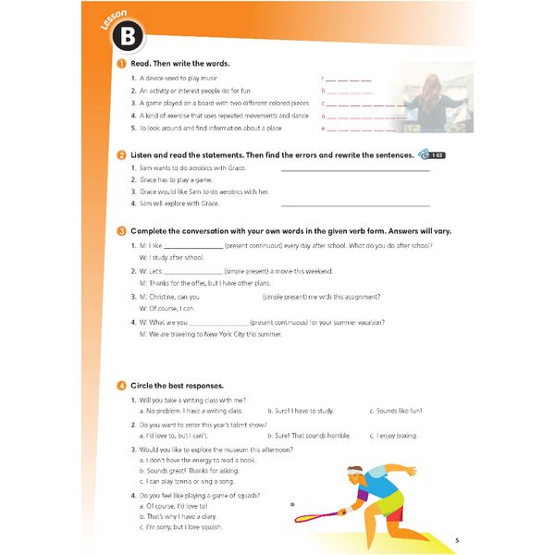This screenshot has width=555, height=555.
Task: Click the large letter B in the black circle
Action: (x=130, y=38)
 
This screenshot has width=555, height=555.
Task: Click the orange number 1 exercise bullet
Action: (x=122, y=63)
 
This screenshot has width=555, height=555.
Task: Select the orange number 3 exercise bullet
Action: (x=122, y=230)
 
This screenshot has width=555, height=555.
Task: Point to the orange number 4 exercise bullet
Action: (x=122, y=385)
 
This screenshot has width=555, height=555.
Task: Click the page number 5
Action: (x=457, y=540)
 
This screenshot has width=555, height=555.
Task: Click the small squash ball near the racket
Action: (x=292, y=504)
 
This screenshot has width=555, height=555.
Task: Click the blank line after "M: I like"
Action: (x=193, y=246)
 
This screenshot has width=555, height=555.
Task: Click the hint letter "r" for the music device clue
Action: (x=323, y=80)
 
